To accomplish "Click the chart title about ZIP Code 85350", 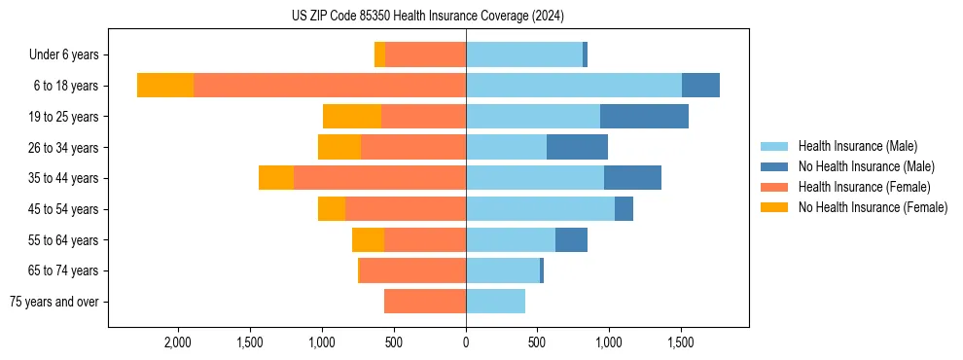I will point(428,16).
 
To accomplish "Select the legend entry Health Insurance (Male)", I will point(857,146).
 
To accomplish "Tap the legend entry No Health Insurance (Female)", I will point(873,207).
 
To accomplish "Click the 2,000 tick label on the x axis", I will point(178,342).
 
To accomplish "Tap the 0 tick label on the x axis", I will point(466,342).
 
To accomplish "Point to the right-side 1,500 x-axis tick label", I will point(680,342).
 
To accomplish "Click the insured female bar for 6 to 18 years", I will point(330,86).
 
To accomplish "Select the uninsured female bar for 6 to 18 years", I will point(165,86).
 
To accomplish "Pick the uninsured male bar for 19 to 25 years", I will point(644,117).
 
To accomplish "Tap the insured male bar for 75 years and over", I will point(495,302).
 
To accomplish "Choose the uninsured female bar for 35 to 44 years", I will point(276,178).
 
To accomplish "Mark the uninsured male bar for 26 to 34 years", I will point(577,147).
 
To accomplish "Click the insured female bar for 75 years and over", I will point(425,302).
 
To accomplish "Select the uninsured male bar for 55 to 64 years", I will point(571,239).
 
